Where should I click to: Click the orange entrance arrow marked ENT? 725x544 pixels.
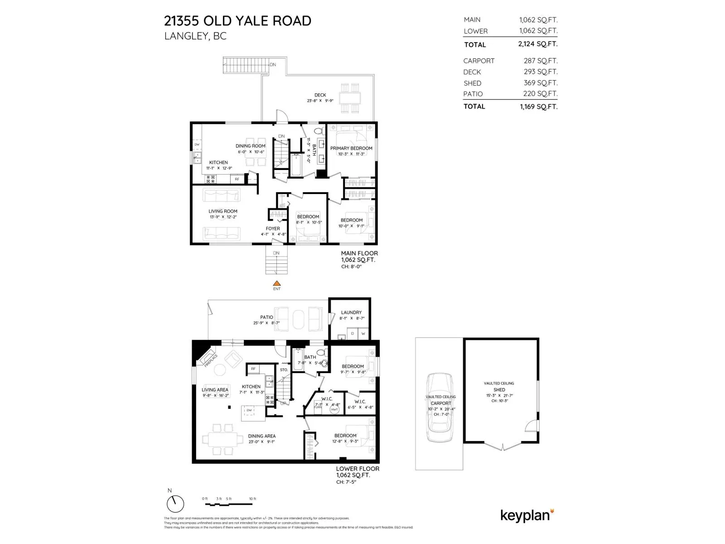pos(276,283)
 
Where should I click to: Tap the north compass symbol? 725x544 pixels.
pos(175,504)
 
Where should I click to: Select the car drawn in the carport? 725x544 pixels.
pos(440,408)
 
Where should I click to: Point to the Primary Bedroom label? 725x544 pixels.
pos(351,148)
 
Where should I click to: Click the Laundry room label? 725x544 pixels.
pos(351,312)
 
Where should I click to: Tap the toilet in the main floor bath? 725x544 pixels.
pos(319,131)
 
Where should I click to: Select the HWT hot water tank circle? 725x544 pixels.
pos(334,409)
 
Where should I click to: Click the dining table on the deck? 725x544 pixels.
pos(350,98)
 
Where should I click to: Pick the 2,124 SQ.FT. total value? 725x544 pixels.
pos(538,44)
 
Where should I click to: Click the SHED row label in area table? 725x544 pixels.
pos(472,83)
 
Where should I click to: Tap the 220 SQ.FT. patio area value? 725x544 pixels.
pos(540,94)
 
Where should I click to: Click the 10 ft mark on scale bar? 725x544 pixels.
pos(252,499)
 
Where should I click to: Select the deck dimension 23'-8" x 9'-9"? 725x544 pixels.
pos(320,101)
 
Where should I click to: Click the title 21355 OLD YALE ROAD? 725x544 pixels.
pos(237,21)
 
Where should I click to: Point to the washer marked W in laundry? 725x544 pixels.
pos(363,334)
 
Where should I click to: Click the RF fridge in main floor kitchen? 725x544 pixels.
pos(237,179)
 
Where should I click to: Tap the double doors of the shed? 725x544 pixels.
pos(503,446)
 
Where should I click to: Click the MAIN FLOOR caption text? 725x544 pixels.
pos(359,253)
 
